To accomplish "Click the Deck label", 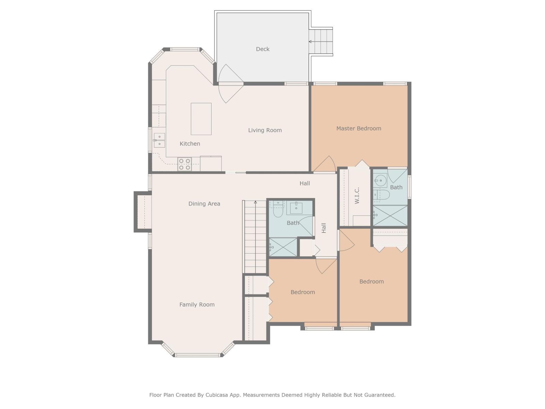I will click(x=263, y=49).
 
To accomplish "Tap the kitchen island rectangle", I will click(x=201, y=119).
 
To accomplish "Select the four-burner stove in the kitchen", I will click(x=184, y=164).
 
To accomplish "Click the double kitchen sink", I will click(x=159, y=140).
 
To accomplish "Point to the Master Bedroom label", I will click(x=359, y=128).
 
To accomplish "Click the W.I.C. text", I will click(x=357, y=196).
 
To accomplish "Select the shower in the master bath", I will click(x=390, y=215).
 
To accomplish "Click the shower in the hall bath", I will click(x=283, y=247).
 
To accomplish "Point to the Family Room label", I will click(x=197, y=305).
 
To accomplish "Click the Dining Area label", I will click(x=204, y=204).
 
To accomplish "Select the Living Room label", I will click(x=265, y=130).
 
